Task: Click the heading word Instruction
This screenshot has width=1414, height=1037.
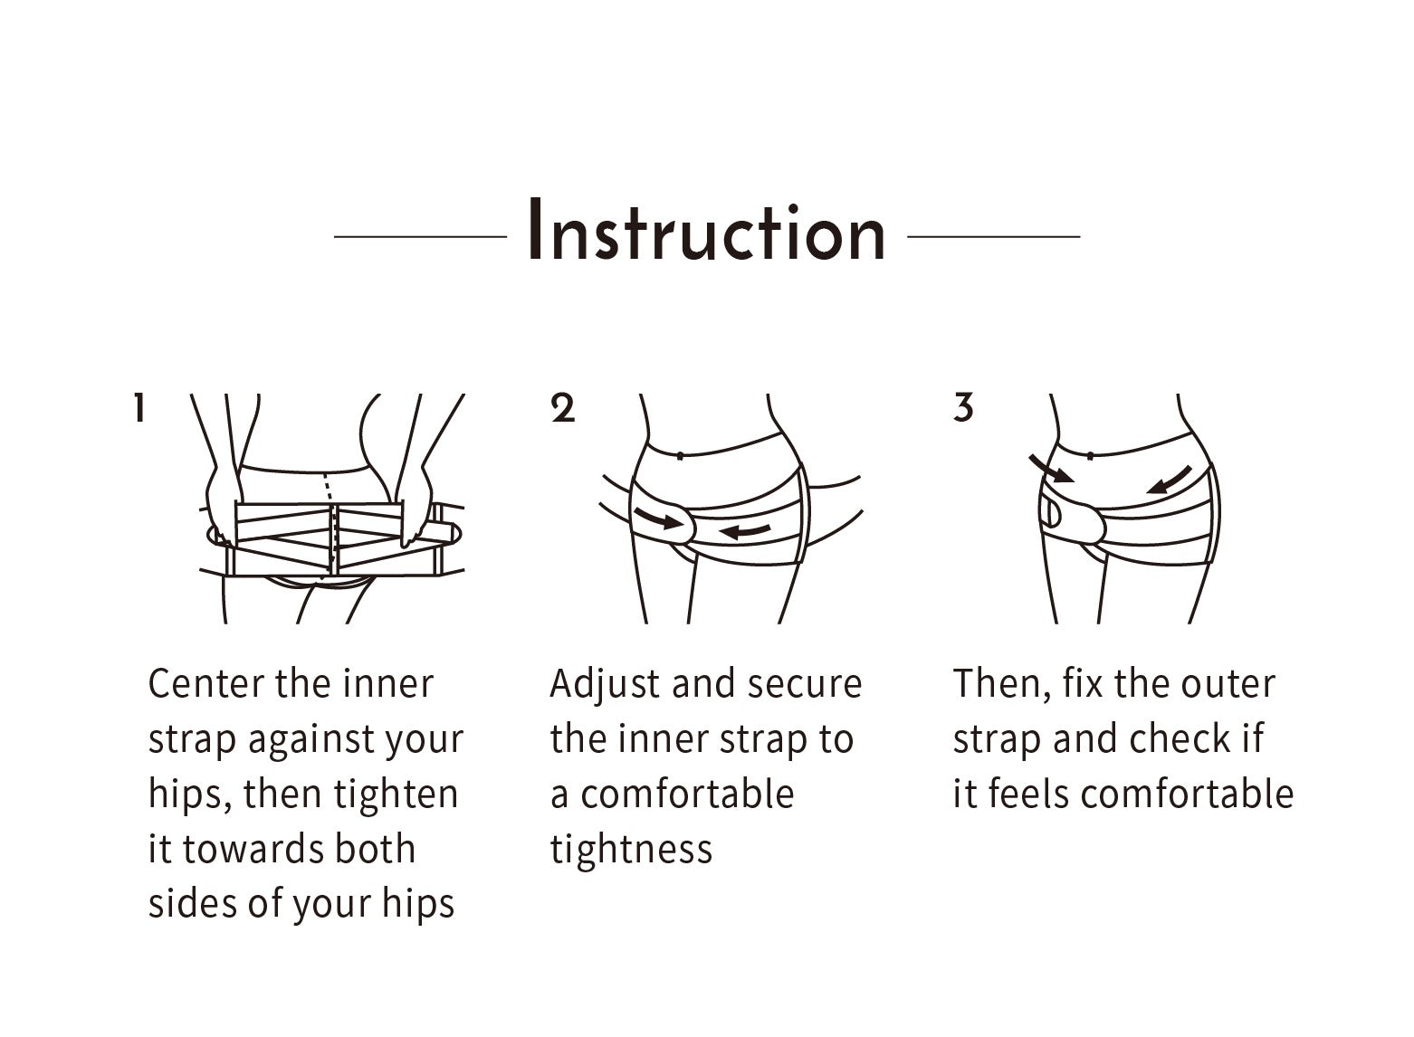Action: click(706, 230)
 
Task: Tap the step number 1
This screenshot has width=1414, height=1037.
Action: click(139, 407)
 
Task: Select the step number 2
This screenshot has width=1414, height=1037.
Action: click(562, 408)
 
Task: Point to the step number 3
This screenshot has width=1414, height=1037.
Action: click(963, 408)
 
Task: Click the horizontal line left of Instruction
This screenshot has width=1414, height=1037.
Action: click(420, 237)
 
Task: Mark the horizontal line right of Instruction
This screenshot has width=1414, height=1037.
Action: click(994, 237)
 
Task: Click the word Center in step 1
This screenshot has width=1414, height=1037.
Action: click(206, 683)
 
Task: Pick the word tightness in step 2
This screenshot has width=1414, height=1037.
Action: click(631, 851)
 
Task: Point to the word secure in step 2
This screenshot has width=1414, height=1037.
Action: click(805, 685)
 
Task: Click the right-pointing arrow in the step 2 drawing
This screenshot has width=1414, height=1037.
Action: click(659, 518)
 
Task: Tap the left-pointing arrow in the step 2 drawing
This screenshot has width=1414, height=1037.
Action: click(745, 531)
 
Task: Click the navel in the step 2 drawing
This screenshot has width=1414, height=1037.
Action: click(680, 456)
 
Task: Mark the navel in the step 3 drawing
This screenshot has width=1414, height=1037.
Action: click(1090, 456)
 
